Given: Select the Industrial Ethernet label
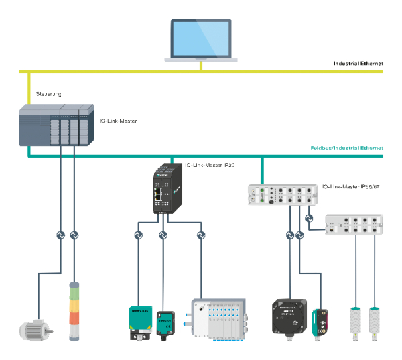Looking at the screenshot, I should coord(358,63).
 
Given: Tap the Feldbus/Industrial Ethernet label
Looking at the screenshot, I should coord(347,147).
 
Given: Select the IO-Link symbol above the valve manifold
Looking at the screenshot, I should coord(200,235).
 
